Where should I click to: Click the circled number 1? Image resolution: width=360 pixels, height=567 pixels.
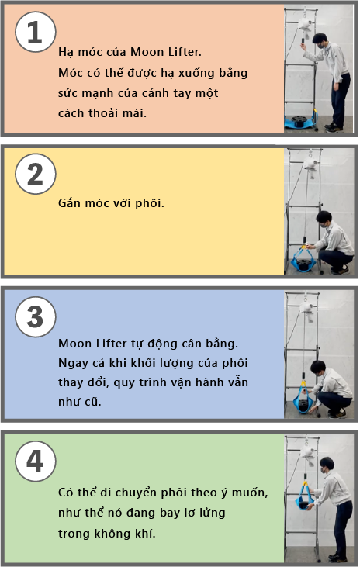pyautogui.click(x=36, y=32)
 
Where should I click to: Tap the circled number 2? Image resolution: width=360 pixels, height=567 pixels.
pyautogui.click(x=36, y=174)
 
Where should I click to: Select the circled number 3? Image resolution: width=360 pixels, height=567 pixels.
pyautogui.click(x=36, y=317)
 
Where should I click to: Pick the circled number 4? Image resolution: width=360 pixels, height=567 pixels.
pyautogui.click(x=36, y=461)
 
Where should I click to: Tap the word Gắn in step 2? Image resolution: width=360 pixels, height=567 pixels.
pyautogui.click(x=69, y=203)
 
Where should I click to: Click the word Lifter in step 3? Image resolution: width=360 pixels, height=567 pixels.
pyautogui.click(x=112, y=344)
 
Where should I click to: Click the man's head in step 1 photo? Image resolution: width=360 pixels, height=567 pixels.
pyautogui.click(x=320, y=40)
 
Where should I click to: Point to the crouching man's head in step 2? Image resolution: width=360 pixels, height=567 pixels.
pyautogui.click(x=324, y=220)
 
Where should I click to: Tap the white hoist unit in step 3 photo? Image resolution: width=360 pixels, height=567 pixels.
pyautogui.click(x=306, y=311)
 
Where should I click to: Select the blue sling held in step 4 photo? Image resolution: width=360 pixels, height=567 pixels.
pyautogui.click(x=305, y=498)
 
